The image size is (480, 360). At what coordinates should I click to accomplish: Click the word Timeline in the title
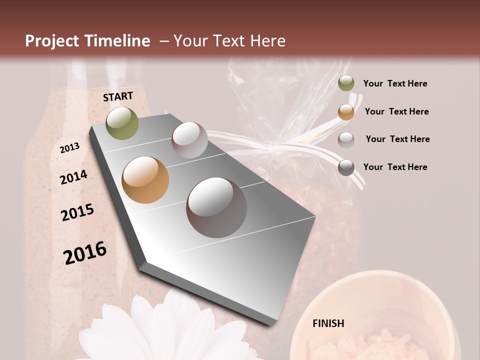(x=118, y=41)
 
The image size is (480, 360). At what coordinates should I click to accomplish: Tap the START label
(x=118, y=96)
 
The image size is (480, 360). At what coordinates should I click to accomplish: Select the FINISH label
(x=328, y=323)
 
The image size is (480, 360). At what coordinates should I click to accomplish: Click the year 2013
(x=70, y=148)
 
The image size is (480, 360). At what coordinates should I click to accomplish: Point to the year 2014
(x=73, y=177)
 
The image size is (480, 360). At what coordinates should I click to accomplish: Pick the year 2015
(x=77, y=212)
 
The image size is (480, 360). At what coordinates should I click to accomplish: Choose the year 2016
(x=85, y=253)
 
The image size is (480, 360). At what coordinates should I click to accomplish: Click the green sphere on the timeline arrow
(x=122, y=123)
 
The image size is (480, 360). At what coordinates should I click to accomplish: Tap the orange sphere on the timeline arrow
(x=145, y=180)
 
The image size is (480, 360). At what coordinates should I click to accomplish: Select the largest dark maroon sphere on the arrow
(x=216, y=207)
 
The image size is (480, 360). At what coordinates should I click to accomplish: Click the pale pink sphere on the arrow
(x=189, y=140)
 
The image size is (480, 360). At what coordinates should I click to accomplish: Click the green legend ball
(x=346, y=83)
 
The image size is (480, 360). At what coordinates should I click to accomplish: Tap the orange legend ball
(x=346, y=112)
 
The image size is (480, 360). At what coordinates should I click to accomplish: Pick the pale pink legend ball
(x=346, y=140)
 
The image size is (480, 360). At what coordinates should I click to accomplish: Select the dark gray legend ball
(x=346, y=167)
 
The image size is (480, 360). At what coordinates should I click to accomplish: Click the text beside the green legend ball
(x=395, y=83)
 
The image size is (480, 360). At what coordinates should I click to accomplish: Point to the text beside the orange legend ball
(x=396, y=111)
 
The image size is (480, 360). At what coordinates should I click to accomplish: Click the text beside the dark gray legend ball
(x=395, y=167)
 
